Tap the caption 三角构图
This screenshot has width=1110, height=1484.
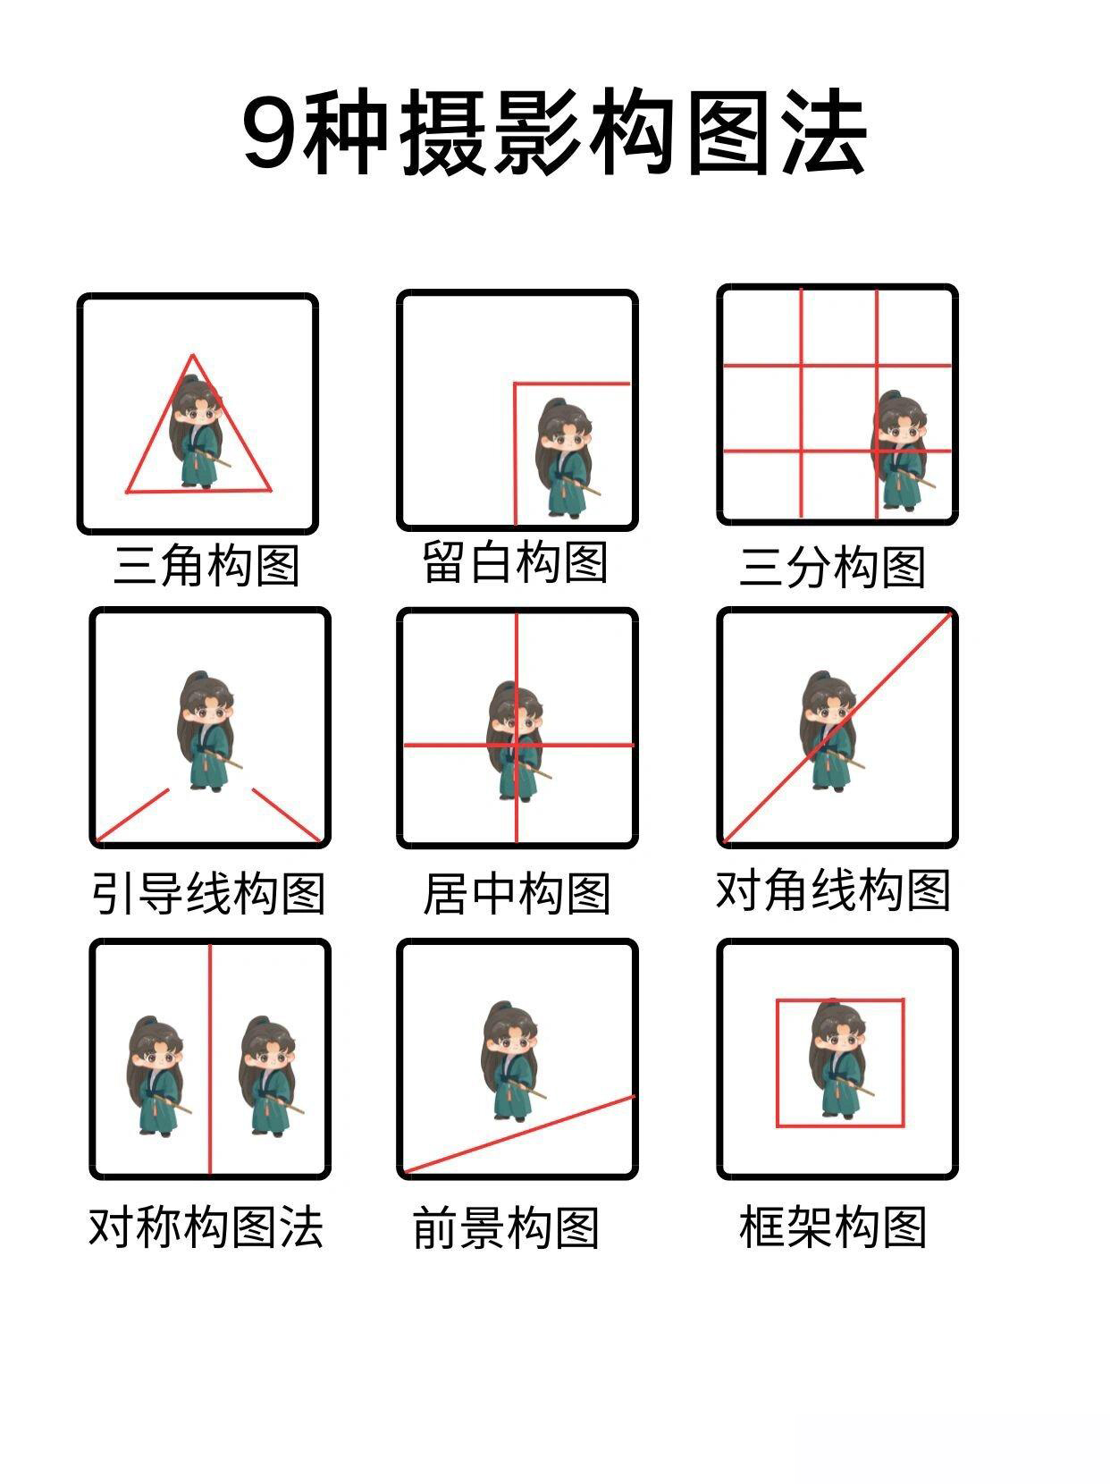[206, 565]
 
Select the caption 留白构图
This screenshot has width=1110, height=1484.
[516, 561]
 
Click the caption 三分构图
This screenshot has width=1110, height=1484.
[832, 567]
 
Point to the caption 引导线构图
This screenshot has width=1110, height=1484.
[209, 894]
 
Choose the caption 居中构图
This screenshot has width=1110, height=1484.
[517, 894]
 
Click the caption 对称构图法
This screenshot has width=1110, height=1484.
[206, 1227]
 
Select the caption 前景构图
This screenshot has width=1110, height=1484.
[506, 1227]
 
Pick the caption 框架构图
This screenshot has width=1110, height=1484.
[832, 1227]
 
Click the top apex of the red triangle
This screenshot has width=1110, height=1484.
[193, 355]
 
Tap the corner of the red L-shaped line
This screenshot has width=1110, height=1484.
[516, 384]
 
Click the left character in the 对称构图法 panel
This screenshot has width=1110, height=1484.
[156, 1075]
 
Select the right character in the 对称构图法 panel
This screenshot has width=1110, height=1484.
[270, 1075]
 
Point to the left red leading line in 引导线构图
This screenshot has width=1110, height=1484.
[133, 814]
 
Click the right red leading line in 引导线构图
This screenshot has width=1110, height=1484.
[287, 814]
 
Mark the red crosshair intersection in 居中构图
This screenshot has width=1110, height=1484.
[517, 745]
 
